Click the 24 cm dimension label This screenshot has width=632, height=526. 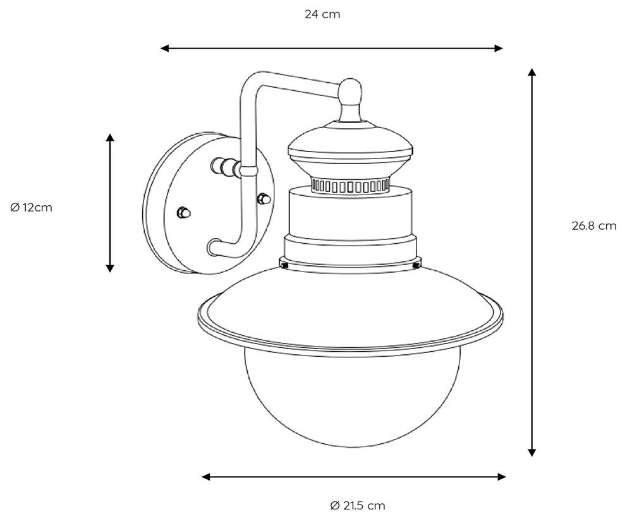pos(322,15)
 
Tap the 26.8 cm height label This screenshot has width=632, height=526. pos(593,225)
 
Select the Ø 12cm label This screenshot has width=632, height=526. pos(31,207)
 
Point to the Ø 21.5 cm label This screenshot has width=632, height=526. pos(358,505)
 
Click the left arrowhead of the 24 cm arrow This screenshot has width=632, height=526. pos(164,49)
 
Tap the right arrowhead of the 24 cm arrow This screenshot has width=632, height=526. pos(499,49)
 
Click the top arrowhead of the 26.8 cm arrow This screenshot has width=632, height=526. pos(532,73)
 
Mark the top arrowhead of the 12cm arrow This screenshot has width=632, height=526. pos(109,138)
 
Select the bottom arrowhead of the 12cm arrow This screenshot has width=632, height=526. pos(109,268)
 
